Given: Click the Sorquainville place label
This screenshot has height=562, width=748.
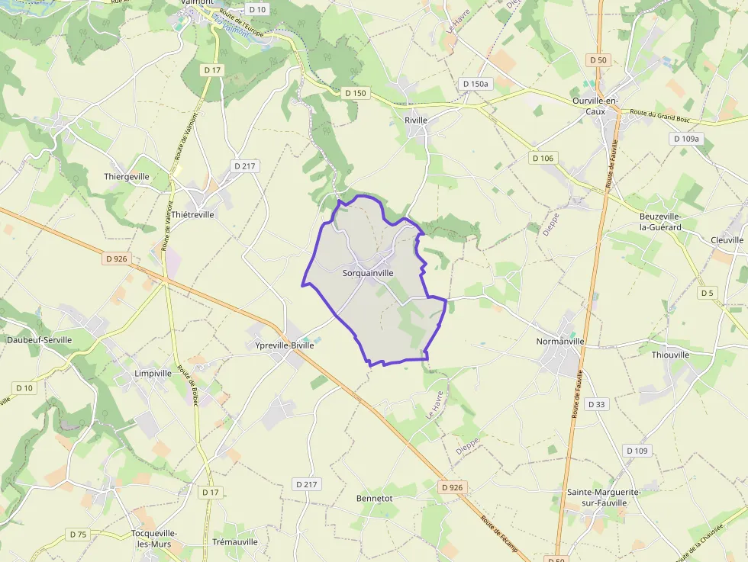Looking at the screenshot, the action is (x=368, y=272).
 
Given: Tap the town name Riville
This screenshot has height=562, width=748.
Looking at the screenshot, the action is (x=416, y=120).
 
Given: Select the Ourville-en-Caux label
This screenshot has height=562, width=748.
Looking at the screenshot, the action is (x=595, y=106).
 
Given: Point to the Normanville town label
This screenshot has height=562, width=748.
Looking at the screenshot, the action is (x=560, y=342).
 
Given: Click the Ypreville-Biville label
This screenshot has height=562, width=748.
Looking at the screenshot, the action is (x=284, y=345).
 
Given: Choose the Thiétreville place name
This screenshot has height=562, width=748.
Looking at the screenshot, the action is (x=193, y=214).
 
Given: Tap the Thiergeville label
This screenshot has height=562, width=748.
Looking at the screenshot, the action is (x=127, y=176).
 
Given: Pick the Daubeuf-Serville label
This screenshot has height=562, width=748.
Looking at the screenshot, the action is (x=39, y=339).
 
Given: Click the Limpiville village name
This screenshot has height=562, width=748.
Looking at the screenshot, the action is (x=153, y=374).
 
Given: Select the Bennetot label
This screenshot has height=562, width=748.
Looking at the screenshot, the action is (x=374, y=498).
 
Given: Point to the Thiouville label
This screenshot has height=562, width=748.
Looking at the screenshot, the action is (x=671, y=355).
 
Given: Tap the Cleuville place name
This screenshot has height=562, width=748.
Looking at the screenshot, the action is (x=727, y=239).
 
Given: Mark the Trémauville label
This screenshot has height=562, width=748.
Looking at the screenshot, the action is (x=235, y=541).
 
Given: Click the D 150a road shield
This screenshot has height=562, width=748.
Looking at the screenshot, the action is (x=474, y=84).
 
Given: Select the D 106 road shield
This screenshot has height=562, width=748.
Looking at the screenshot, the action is (x=543, y=158).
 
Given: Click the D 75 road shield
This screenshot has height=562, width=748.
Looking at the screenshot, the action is (x=78, y=534).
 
